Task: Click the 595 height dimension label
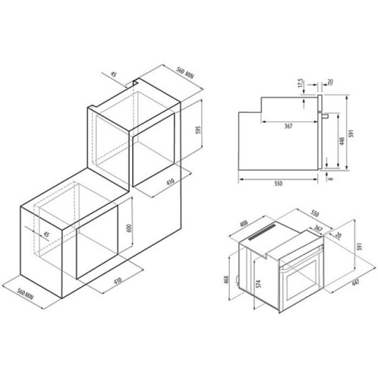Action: tap(198, 130)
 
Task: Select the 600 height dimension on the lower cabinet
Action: tap(129, 228)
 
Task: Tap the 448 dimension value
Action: tap(342, 141)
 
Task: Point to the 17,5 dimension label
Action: tap(301, 83)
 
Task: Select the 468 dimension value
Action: tap(227, 280)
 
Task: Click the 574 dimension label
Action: tap(258, 284)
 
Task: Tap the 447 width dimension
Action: tap(355, 282)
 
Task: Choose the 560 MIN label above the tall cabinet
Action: tap(185, 72)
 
